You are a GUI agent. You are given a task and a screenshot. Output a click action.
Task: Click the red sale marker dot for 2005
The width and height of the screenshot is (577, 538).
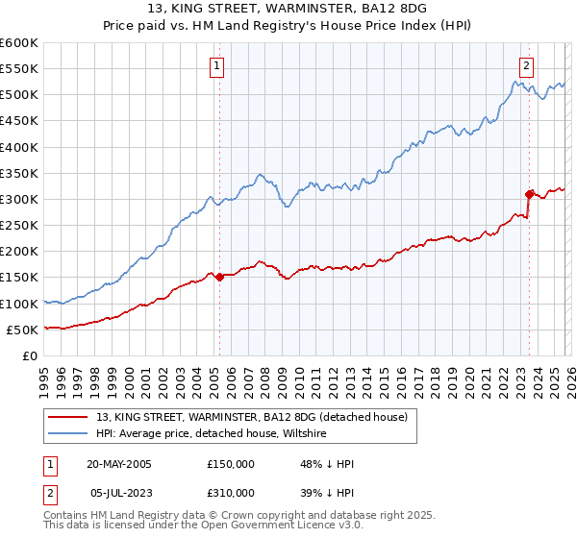[x=219, y=277]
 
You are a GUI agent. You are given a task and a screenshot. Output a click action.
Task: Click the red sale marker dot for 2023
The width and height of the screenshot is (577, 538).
[x=529, y=194]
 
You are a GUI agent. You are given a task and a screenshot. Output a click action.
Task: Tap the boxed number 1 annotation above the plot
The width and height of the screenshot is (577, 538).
[x=218, y=66]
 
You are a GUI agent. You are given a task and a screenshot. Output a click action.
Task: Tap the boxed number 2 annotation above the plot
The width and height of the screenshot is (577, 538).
[x=528, y=66]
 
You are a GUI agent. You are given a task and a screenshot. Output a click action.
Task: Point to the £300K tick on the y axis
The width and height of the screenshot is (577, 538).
[x=19, y=199]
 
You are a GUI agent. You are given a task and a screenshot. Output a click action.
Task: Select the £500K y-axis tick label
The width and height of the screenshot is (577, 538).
[x=19, y=95]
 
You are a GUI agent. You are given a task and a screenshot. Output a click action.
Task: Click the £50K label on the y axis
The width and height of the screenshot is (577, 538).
[x=22, y=330]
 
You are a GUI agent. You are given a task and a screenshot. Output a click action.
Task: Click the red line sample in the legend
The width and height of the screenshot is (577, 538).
[x=68, y=417]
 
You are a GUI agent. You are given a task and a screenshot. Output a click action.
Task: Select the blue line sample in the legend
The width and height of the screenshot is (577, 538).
[x=68, y=433]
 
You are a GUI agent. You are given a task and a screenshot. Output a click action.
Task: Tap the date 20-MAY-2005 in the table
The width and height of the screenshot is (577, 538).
[x=117, y=464]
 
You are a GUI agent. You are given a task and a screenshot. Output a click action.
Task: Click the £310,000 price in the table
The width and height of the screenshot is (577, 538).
[x=231, y=492]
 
